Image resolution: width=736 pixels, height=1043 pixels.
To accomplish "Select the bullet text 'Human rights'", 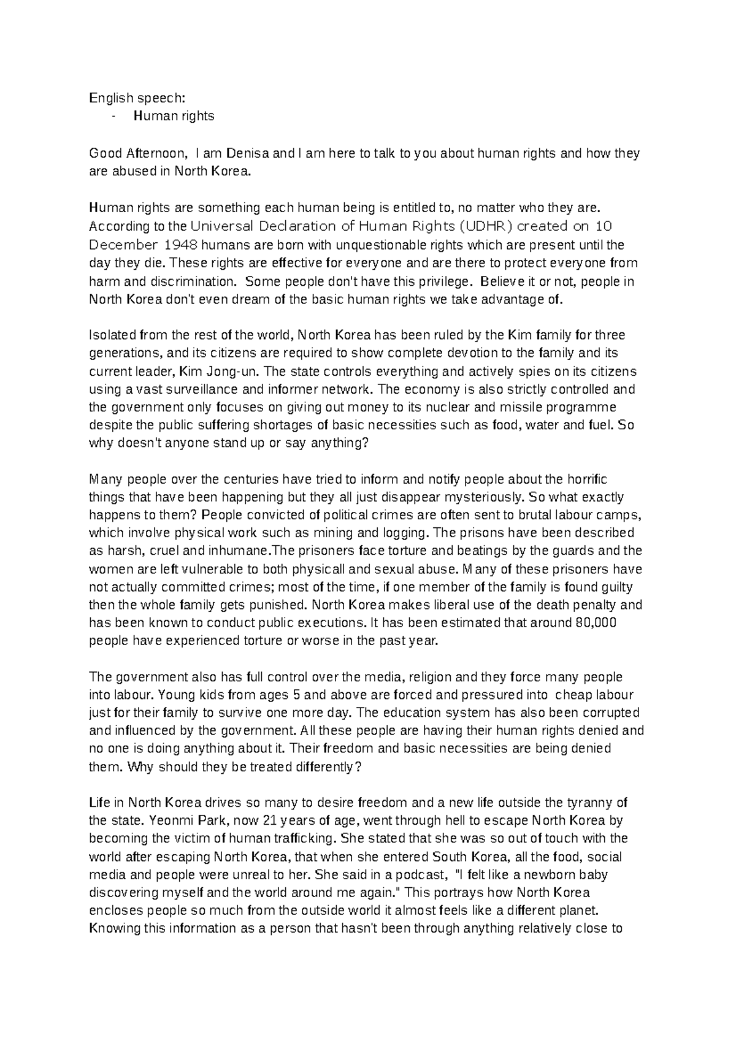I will point(174,116).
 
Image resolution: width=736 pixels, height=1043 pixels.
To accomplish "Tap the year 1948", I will point(180,245).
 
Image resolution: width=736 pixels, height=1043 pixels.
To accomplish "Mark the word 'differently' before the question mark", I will point(320,767).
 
